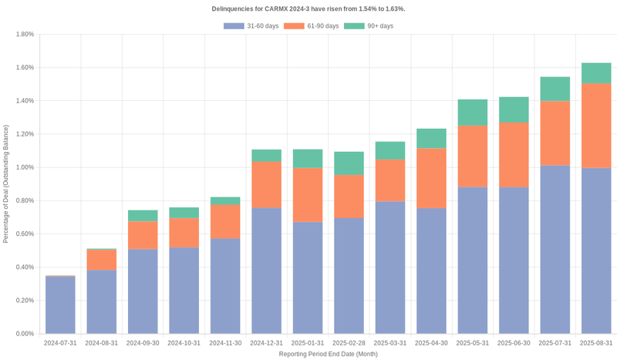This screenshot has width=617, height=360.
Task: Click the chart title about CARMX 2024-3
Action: pos(308,8)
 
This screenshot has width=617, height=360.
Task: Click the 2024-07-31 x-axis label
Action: pos(60,342)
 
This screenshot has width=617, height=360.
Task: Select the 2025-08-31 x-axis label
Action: pos(595,342)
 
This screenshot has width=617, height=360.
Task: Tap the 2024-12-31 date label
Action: pos(266,342)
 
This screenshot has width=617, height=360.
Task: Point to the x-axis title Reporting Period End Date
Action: pos(328,354)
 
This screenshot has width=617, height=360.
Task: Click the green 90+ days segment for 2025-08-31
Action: pos(595,73)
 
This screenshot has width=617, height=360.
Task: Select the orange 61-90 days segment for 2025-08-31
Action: pos(595,126)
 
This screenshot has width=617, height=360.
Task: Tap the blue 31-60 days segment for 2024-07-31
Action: pos(60,305)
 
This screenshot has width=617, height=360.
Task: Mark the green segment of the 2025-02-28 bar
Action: pos(349,163)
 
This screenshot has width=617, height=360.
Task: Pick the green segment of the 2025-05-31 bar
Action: pos(472,113)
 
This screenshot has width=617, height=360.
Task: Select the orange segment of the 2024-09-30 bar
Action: pos(143,235)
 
